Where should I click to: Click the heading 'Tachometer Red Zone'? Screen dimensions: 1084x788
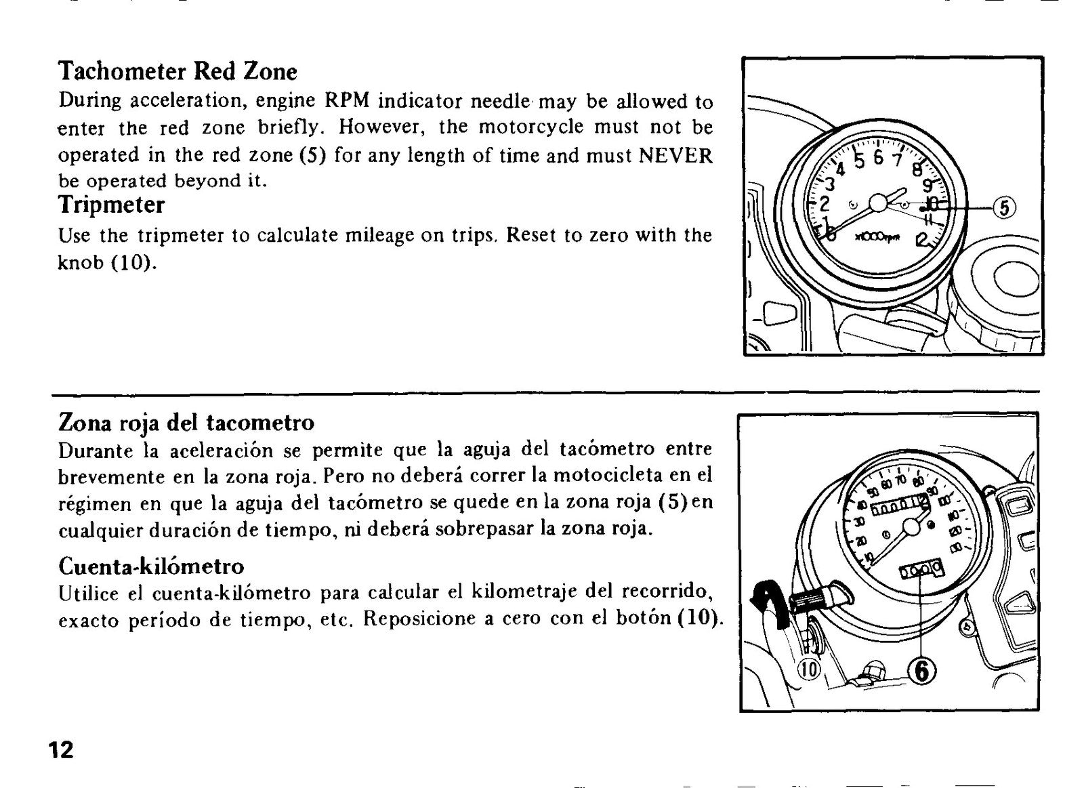[177, 72]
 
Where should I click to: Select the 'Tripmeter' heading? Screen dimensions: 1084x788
[111, 205]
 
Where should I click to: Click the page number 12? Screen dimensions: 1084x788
[62, 750]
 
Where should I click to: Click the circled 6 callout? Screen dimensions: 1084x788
[922, 671]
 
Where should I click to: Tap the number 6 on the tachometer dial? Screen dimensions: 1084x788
[878, 158]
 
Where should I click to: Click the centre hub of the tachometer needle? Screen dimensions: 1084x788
[878, 203]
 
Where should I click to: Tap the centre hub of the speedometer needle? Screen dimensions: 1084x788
[912, 526]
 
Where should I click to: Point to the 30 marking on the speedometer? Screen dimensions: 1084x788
[860, 522]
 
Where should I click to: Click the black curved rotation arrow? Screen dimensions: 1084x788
[769, 600]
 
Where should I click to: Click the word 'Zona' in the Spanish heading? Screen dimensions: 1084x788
[86, 423]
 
